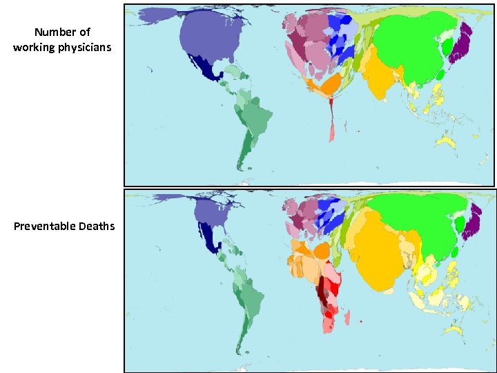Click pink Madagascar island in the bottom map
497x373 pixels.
347,319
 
